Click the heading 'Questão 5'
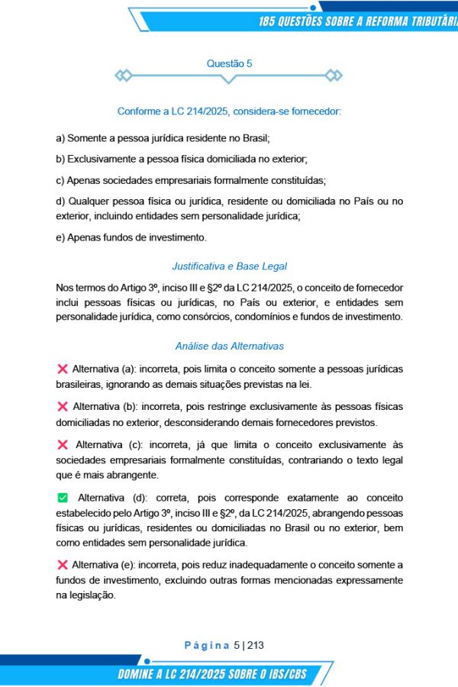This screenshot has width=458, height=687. [229, 64]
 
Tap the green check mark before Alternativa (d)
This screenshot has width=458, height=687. [63, 498]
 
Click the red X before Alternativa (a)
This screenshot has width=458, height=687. [62, 369]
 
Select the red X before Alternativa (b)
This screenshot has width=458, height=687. [62, 406]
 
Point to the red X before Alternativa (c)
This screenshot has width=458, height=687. [62, 443]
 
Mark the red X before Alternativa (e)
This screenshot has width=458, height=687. [62, 565]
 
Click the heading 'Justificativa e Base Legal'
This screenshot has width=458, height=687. [229, 266]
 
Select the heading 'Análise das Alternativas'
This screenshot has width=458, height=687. [229, 346]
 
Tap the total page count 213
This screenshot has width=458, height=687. [255, 645]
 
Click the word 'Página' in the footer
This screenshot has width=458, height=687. [207, 645]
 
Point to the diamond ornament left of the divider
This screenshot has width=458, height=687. [123, 76]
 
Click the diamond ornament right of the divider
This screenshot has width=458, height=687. [334, 76]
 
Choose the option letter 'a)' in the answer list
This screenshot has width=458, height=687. [60, 138]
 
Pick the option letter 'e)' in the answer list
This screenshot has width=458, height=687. [60, 237]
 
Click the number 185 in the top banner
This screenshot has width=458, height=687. [270, 21]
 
